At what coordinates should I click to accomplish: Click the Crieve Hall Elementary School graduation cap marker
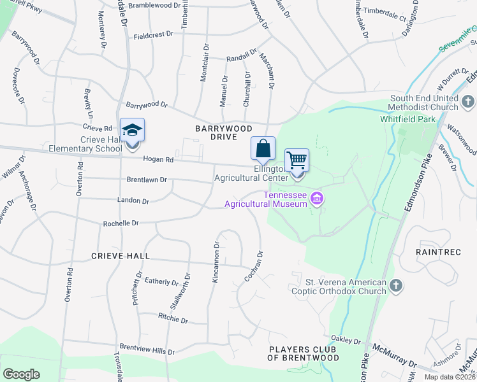tap(133, 131)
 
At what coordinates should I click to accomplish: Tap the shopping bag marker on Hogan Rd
tap(263, 149)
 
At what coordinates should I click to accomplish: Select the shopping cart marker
tap(297, 160)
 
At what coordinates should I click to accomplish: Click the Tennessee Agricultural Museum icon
tap(316, 200)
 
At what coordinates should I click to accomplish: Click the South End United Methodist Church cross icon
tap(467, 101)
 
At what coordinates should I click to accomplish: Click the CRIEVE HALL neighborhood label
tap(121, 256)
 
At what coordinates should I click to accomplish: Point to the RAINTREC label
tap(438, 252)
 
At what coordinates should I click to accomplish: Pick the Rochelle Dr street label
tap(121, 223)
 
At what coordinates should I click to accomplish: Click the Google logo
tap(21, 374)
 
